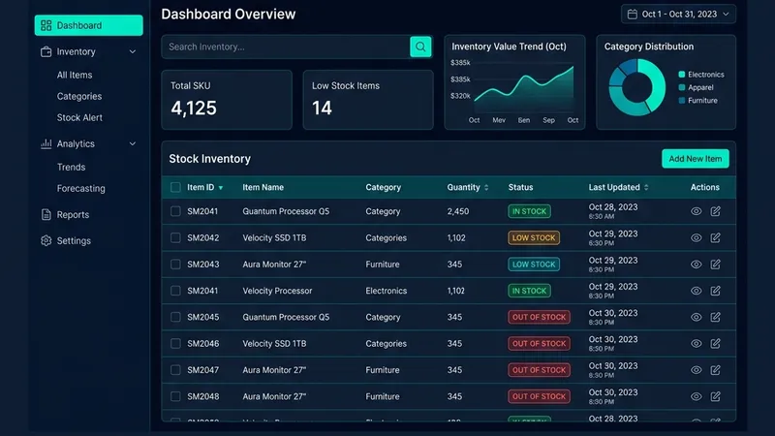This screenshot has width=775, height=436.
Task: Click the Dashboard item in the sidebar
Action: point(87,25)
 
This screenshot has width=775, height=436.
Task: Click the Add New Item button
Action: point(695,159)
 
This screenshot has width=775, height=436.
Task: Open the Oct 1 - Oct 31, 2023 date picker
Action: point(679,15)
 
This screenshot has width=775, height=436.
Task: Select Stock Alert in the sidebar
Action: point(79,117)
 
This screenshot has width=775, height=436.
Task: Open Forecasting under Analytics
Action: point(80,188)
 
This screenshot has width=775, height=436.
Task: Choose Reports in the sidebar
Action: point(73,214)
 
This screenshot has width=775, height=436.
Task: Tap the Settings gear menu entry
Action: point(74,240)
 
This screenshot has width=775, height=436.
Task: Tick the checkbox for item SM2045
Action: point(175,317)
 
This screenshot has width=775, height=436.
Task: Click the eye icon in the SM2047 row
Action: point(696,370)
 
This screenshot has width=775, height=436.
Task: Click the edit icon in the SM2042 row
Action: point(716,237)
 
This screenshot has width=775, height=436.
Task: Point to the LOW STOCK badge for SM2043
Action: point(534,265)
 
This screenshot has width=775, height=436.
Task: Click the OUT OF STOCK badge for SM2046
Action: point(539,343)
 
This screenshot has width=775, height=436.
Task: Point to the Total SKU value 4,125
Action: point(194,109)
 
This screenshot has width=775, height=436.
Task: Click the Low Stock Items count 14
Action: point(322,109)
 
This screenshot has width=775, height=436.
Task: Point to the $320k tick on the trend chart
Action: point(460,96)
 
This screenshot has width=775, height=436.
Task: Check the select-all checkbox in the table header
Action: point(175,187)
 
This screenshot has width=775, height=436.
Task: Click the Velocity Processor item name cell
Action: point(277,291)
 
